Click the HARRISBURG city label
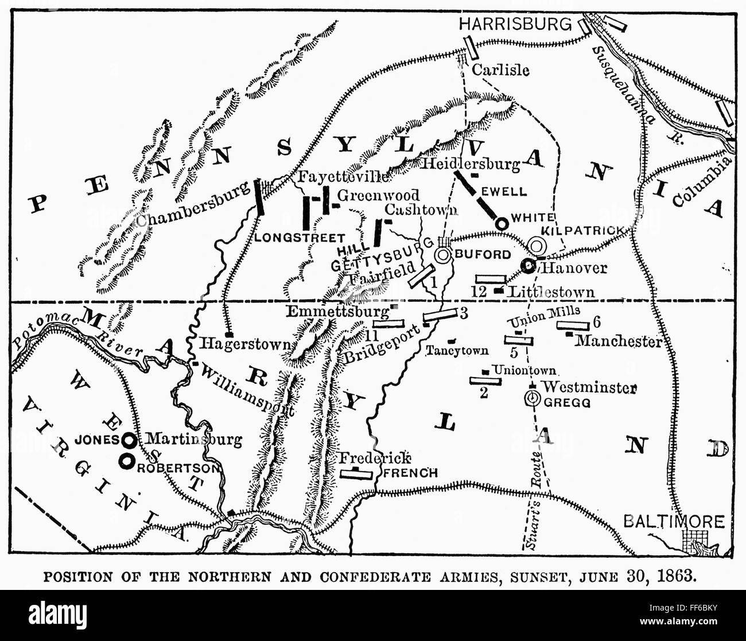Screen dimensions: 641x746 point(516,24)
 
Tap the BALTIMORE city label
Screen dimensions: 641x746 point(674,522)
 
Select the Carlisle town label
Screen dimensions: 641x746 point(500,70)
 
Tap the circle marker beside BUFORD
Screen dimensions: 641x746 point(444,255)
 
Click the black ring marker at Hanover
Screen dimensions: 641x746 point(528,265)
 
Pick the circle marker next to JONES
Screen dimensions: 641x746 point(130,440)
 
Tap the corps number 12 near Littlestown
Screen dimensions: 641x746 point(480,292)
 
